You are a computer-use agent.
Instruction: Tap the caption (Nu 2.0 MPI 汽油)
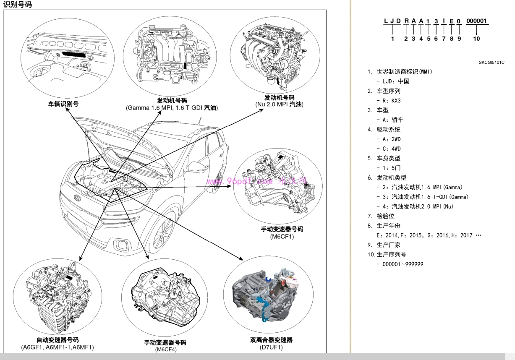[279, 104]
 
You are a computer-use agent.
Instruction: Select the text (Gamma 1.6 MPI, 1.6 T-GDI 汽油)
[172, 108]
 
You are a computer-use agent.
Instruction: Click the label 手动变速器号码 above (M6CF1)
[282, 229]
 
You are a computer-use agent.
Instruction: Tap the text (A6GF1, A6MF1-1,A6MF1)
[58, 347]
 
